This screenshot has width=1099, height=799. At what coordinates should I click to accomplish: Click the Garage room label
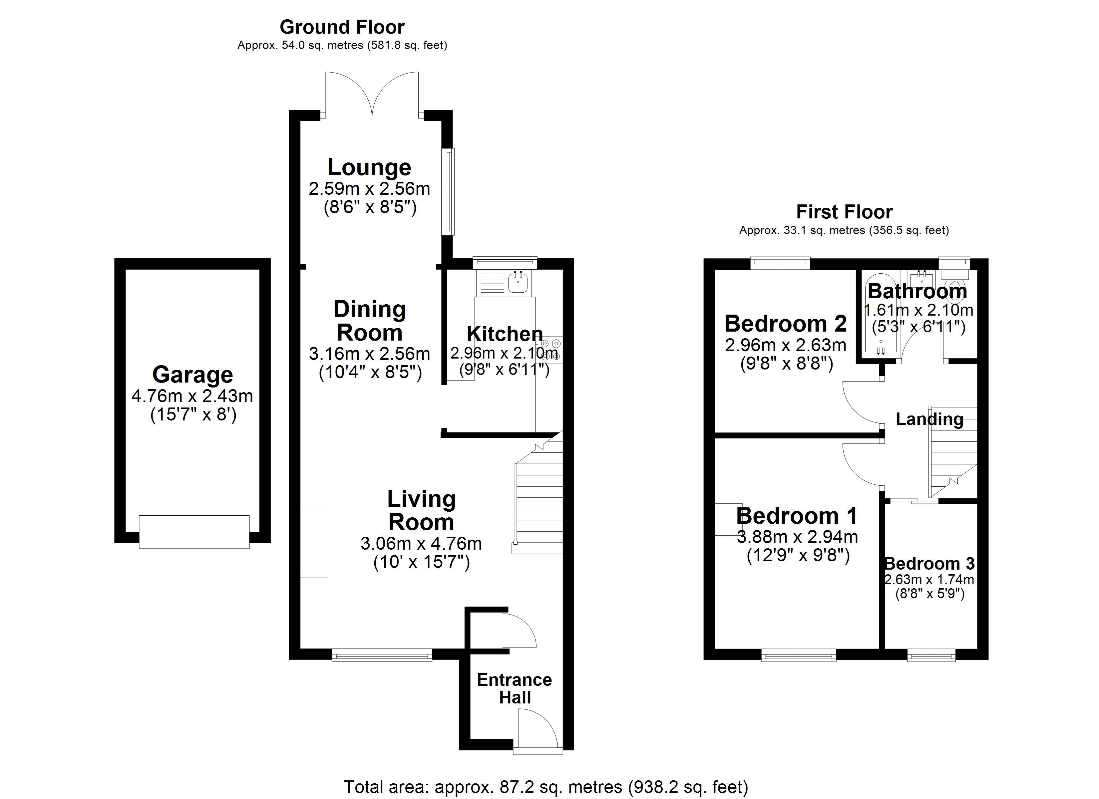pyautogui.click(x=192, y=375)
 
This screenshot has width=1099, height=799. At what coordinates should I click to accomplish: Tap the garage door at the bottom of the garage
pyautogui.click(x=194, y=532)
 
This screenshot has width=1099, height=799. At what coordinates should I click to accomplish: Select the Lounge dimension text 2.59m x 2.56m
pyautogui.click(x=369, y=188)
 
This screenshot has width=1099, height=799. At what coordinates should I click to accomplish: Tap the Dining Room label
pyautogui.click(x=369, y=321)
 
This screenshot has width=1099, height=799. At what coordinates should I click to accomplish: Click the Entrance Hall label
pyautogui.click(x=514, y=688)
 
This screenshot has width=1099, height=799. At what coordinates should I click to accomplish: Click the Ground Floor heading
pyautogui.click(x=342, y=27)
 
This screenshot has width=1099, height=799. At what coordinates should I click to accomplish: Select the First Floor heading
pyautogui.click(x=844, y=212)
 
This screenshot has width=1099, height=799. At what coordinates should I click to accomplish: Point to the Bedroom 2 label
pyautogui.click(x=786, y=323)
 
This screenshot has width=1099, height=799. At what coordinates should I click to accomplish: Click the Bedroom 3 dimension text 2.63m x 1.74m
pyautogui.click(x=929, y=580)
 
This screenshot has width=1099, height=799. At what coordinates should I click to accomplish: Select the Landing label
pyautogui.click(x=929, y=419)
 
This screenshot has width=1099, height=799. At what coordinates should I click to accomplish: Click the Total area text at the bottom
pyautogui.click(x=546, y=787)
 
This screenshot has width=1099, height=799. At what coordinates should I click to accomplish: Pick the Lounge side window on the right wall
pyautogui.click(x=449, y=192)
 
